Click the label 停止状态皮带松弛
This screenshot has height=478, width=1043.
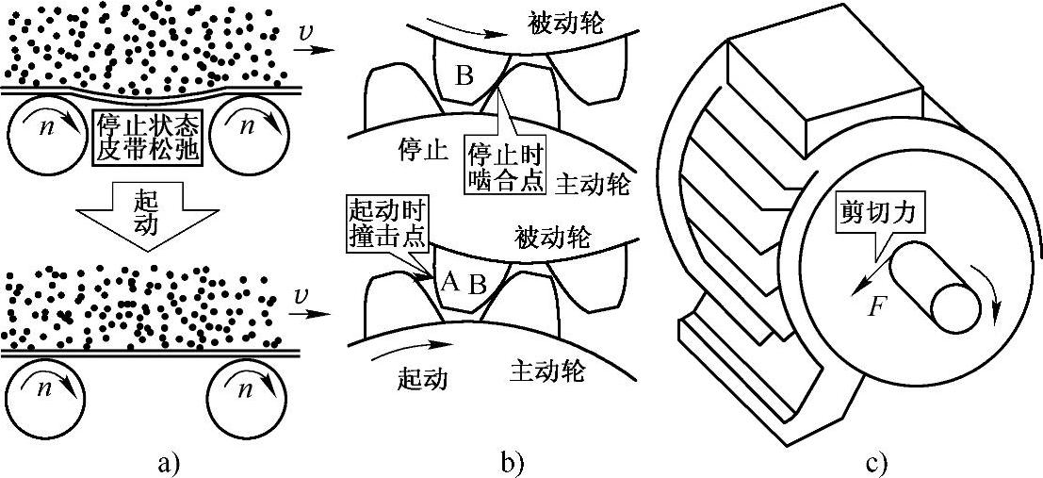coord(148,138)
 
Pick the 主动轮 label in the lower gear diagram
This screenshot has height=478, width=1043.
coord(546,370)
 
